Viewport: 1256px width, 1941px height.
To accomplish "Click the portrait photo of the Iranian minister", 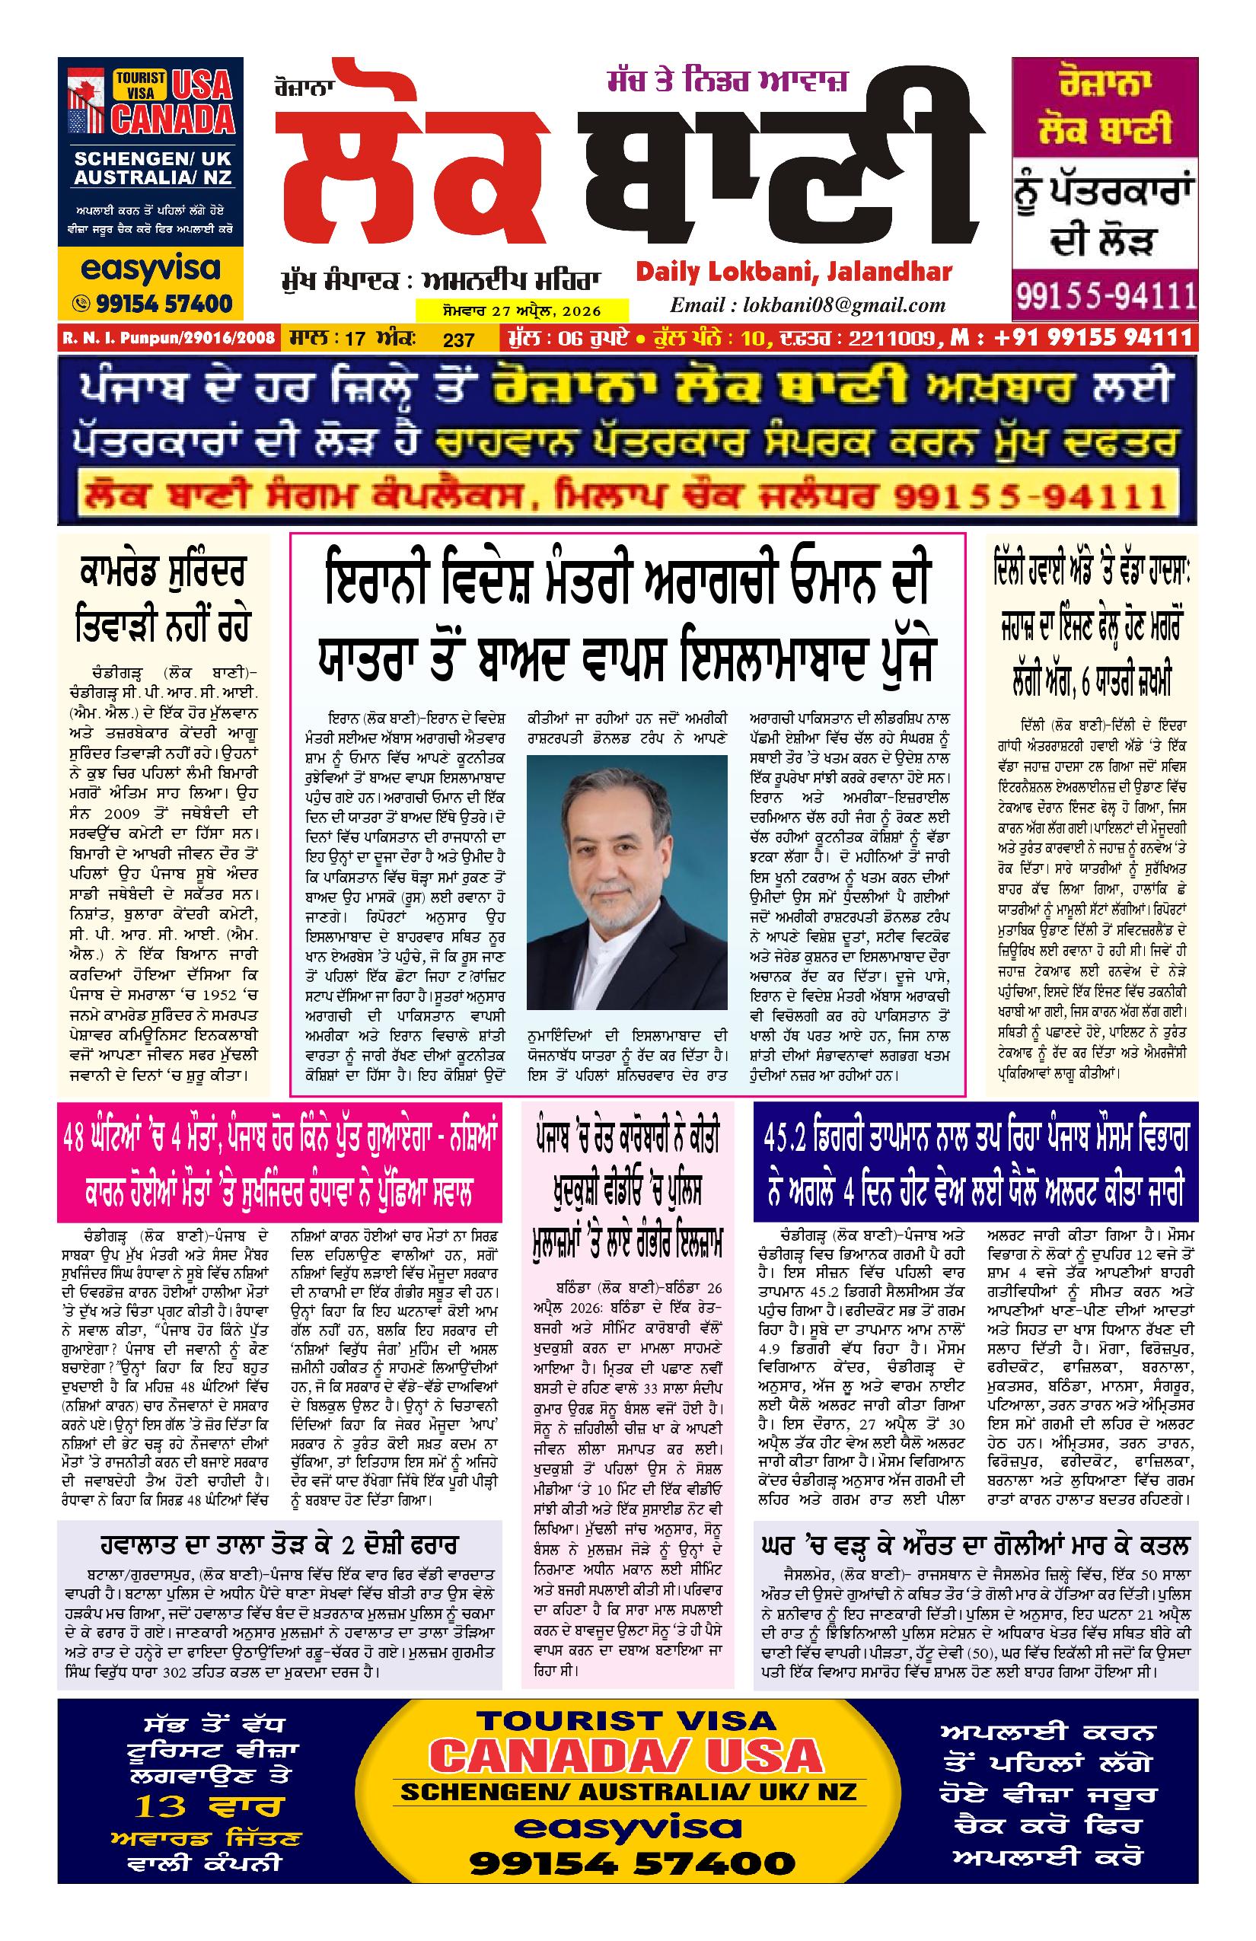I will (626, 881).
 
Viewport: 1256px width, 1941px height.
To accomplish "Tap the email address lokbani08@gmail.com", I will (808, 305).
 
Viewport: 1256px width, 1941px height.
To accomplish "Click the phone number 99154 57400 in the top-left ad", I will (156, 304).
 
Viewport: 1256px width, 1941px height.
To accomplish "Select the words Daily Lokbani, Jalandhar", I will (793, 272).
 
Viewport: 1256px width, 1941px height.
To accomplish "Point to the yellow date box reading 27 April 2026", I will (522, 310).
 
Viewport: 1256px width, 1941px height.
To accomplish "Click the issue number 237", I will (458, 339).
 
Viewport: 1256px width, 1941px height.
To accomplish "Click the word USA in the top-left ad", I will (202, 84).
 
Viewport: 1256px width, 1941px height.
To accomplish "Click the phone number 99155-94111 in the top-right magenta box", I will (1105, 295).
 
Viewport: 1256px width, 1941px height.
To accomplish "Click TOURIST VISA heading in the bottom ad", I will (626, 1721).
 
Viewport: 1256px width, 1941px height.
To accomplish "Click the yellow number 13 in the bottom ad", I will (161, 1806).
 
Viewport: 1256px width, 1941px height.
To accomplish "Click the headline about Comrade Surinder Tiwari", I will (163, 600).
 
